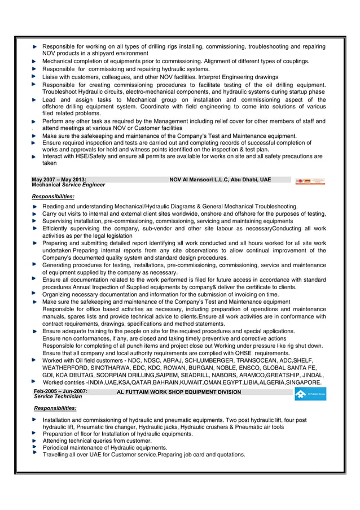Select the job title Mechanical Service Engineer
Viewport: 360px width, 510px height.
tap(68, 185)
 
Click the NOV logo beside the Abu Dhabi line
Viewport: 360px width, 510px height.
tap(310, 181)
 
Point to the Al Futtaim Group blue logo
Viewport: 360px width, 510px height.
tap(310, 395)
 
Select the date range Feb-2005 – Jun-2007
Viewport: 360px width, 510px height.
tap(60, 391)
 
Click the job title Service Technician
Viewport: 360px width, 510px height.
tap(58, 397)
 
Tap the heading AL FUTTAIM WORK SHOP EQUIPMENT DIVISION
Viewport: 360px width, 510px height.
tap(179, 392)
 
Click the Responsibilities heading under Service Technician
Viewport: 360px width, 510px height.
tap(55, 408)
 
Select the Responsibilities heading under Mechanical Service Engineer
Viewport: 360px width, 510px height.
tap(53, 196)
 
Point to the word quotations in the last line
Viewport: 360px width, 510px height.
tap(227, 455)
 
